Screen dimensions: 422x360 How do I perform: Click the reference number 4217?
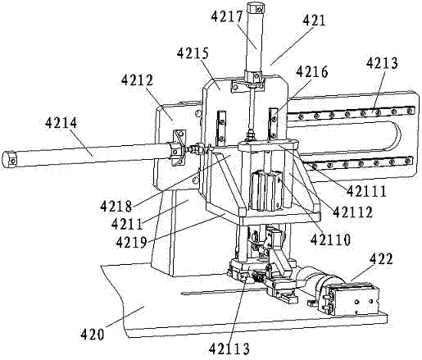click(227, 16)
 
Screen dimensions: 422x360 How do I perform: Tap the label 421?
click(315, 21)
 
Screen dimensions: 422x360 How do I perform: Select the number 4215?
click(193, 53)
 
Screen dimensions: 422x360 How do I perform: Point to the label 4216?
click(312, 72)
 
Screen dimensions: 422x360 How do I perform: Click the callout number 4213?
click(382, 63)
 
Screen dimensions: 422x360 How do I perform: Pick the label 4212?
click(138, 80)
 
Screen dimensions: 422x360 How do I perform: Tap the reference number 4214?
click(61, 123)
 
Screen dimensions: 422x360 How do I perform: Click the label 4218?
click(116, 206)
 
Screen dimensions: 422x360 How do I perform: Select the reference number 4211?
click(127, 225)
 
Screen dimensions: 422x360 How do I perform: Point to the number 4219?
click(132, 243)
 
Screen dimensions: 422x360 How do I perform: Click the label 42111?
click(366, 191)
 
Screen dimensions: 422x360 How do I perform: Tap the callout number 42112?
click(353, 212)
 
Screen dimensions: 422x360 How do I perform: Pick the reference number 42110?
click(330, 240)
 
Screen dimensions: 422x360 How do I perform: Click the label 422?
click(381, 259)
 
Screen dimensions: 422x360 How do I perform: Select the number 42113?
click(229, 349)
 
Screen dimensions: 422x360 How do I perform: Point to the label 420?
click(92, 335)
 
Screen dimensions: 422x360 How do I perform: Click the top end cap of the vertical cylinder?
click(256, 8)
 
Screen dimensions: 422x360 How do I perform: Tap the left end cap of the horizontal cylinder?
click(9, 158)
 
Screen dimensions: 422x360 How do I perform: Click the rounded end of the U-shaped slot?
click(396, 135)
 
